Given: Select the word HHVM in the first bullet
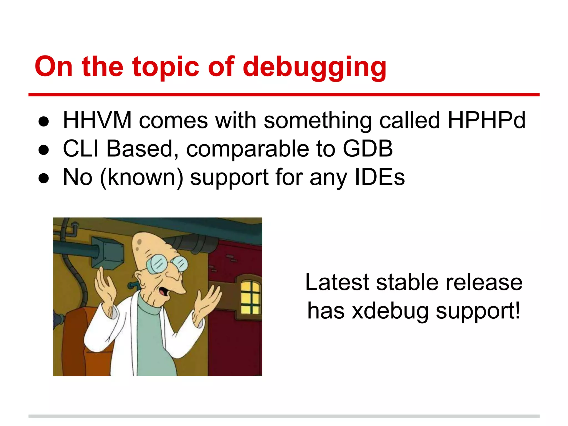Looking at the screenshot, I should pyautogui.click(x=97, y=120).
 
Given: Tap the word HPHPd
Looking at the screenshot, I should pyautogui.click(x=486, y=120).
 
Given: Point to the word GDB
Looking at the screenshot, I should pyautogui.click(x=367, y=149).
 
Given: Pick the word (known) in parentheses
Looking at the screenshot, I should pyautogui.click(x=141, y=178).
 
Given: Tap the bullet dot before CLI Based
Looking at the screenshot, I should pyautogui.click(x=44, y=150).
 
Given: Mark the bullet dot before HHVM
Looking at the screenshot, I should pyautogui.click(x=44, y=122).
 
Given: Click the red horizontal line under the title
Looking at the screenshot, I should pyautogui.click(x=284, y=95).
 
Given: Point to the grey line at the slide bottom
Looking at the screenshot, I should pyautogui.click(x=284, y=416).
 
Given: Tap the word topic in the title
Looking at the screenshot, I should pyautogui.click(x=166, y=67).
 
